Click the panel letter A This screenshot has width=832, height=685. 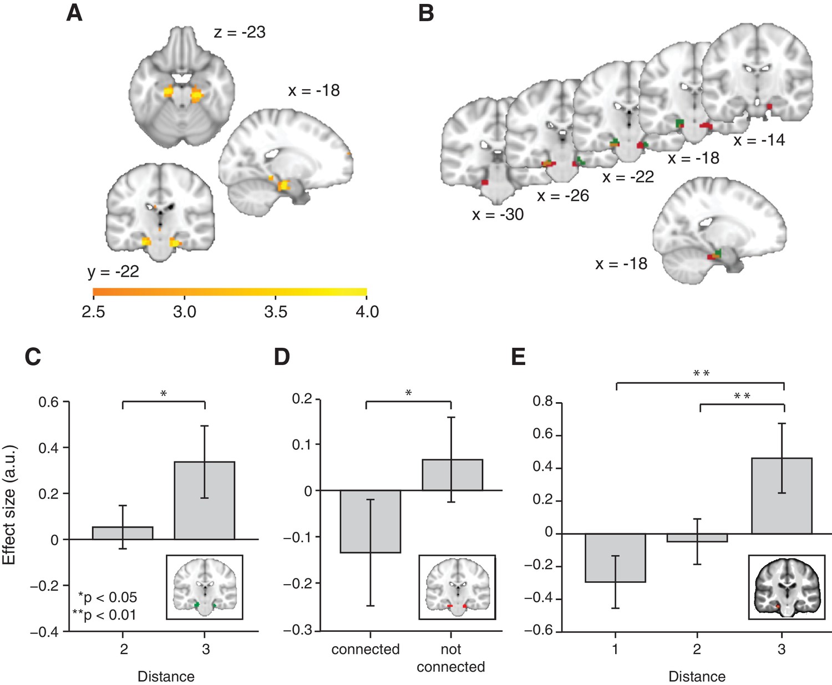74,12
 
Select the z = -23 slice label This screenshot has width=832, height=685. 240,32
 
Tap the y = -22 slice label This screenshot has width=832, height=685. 113,272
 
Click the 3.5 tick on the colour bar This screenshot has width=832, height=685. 276,312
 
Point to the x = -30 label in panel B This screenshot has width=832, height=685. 498,215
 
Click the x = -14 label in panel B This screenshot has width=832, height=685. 759,140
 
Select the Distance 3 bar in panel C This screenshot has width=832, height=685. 205,500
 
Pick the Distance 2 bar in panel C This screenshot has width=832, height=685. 123,532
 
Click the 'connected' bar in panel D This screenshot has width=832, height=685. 370,521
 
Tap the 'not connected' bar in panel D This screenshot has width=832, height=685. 452,475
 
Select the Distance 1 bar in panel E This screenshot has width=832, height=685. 616,557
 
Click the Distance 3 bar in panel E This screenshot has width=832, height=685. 782,495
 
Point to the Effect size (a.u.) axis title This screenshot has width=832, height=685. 9,504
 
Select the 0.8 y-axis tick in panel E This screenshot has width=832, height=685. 543,401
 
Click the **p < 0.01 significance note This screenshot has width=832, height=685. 104,615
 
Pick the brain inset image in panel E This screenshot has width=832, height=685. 787,586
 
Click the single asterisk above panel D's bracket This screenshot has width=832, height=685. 409,393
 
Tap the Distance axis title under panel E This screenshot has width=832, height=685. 697,677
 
